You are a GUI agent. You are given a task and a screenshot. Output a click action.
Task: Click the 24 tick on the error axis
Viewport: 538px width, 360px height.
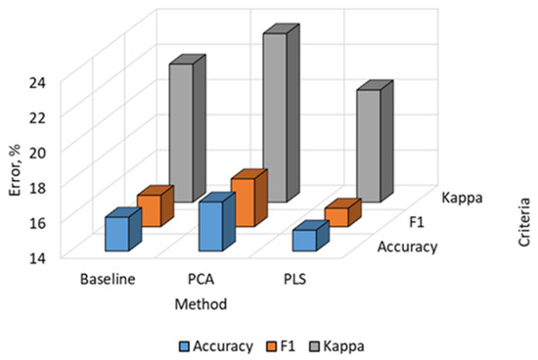tap(37, 83)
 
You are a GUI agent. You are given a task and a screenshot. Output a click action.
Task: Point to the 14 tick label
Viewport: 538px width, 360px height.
tap(37, 258)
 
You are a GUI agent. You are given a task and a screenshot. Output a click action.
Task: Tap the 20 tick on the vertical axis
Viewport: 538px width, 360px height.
tap(37, 153)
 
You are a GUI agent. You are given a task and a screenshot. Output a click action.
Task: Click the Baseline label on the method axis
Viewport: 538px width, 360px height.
tap(108, 279)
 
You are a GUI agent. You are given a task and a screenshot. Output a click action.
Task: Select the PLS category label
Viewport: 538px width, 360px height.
tap(295, 279)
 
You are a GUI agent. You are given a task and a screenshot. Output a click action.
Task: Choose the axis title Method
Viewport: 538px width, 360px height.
tap(202, 304)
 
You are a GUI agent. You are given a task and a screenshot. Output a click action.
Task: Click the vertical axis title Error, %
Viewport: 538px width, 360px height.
tap(15, 170)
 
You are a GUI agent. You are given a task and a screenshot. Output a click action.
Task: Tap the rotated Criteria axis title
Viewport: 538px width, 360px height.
tap(524, 222)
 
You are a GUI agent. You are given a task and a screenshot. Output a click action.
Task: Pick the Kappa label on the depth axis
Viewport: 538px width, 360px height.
tap(462, 198)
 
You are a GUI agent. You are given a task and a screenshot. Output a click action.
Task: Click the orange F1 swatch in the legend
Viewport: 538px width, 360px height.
tap(271, 346)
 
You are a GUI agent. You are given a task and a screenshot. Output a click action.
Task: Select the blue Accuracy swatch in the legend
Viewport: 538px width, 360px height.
tap(184, 346)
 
